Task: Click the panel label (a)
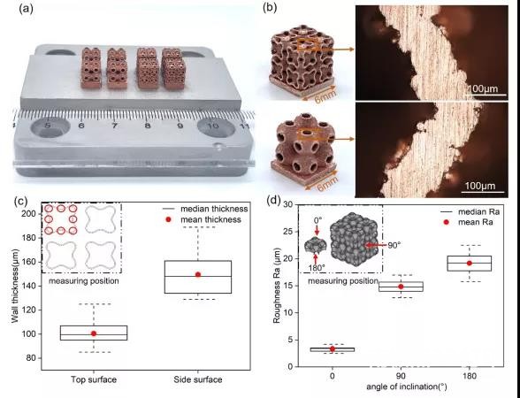click(27, 9)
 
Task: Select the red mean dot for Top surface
click(94, 333)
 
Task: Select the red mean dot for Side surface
click(198, 274)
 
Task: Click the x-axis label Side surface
click(198, 379)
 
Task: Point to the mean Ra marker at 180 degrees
click(470, 263)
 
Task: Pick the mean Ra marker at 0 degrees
click(333, 348)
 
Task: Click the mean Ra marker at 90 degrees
click(401, 287)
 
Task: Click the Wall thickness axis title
click(15, 286)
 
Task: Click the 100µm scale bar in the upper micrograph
click(486, 95)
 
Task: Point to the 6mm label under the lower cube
click(327, 183)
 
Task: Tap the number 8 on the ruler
click(147, 126)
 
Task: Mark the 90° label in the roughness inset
click(394, 245)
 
